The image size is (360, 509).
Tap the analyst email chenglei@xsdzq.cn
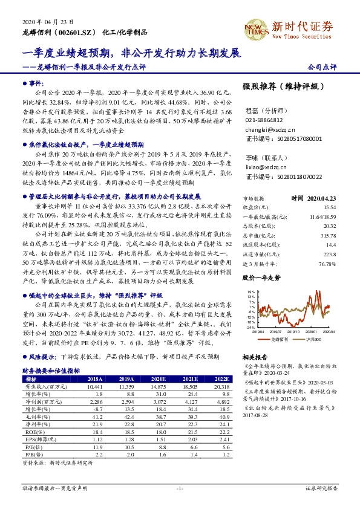(266, 129)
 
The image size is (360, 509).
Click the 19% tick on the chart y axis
(250, 291)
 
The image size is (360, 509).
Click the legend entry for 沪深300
(312, 339)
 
